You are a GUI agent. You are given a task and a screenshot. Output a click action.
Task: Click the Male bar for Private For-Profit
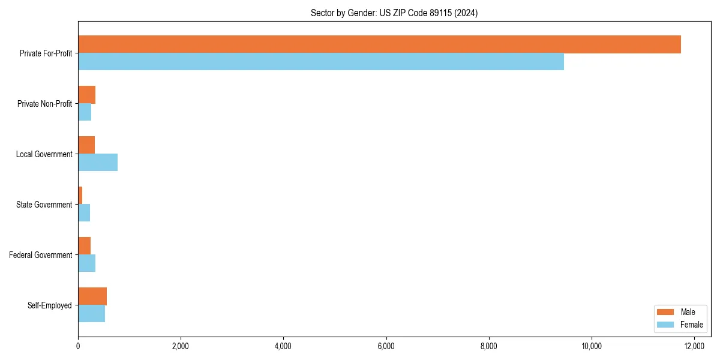[x=379, y=44]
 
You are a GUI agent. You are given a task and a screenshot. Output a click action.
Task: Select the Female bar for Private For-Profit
[x=321, y=62]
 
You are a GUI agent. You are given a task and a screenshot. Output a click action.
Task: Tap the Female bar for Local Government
[x=98, y=163]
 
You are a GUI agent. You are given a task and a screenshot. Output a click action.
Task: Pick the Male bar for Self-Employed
[x=92, y=296]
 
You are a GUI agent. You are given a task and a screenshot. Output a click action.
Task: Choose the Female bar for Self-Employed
[x=91, y=314]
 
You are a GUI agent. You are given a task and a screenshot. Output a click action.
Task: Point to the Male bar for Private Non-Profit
[x=86, y=95]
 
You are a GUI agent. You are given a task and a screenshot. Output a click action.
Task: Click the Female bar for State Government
[x=84, y=213]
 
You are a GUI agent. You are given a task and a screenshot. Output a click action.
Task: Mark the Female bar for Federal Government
[x=86, y=263]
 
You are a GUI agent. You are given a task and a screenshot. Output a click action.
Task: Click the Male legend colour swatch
[x=666, y=312]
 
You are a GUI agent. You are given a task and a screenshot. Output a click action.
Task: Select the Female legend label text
[x=692, y=325]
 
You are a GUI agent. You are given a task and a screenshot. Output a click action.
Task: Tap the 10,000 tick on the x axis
[x=592, y=346]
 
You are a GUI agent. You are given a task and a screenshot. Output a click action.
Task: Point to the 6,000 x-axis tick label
[x=386, y=346]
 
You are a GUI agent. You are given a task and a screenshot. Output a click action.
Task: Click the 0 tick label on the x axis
[x=78, y=346]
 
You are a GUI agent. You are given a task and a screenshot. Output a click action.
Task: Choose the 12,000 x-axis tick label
[x=694, y=346]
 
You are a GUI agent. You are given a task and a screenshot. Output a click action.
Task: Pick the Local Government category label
[x=44, y=154]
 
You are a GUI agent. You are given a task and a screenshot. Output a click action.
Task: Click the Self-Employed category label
[x=50, y=305]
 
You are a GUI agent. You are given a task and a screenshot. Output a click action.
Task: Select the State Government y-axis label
[x=44, y=205]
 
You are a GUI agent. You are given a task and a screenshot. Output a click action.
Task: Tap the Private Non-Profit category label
[x=44, y=104]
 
